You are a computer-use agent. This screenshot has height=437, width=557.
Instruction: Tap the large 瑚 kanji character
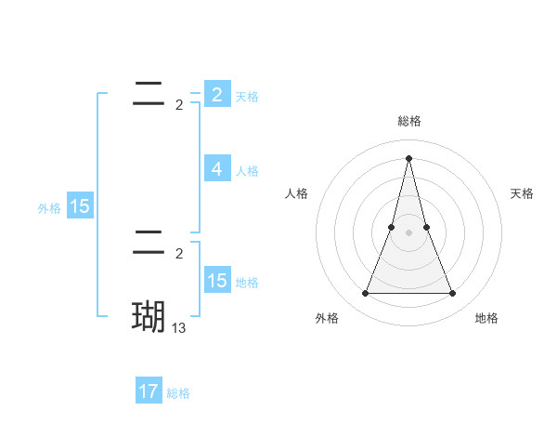[x=149, y=317]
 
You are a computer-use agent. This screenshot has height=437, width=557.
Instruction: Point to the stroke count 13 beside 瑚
[x=179, y=327]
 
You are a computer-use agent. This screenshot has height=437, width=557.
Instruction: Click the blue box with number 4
[x=216, y=169]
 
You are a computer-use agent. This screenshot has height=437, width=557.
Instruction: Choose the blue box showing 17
[x=149, y=391]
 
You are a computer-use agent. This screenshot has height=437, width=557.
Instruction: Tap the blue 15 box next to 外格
[x=80, y=206]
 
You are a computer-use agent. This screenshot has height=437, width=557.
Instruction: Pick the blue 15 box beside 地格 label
[x=216, y=281]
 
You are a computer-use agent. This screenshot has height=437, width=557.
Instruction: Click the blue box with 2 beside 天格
[x=216, y=95]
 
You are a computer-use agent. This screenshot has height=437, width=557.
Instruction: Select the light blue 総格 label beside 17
[x=178, y=393]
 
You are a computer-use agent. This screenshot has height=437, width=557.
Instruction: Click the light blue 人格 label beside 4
[x=247, y=171]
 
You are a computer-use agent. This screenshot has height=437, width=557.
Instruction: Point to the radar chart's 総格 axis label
[x=408, y=121]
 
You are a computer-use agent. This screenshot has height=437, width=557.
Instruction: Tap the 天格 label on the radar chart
[x=522, y=193]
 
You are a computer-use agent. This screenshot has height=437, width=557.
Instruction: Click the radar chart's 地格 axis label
[x=486, y=318]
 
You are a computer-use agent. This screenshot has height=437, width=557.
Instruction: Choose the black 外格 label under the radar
[x=327, y=318]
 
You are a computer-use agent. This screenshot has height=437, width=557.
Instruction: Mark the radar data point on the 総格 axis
[x=408, y=157]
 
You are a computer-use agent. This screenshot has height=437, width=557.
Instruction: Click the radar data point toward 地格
[x=452, y=294]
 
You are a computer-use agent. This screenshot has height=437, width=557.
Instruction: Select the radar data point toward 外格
[x=365, y=294]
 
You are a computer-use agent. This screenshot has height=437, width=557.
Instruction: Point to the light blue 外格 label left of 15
[x=49, y=208]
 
